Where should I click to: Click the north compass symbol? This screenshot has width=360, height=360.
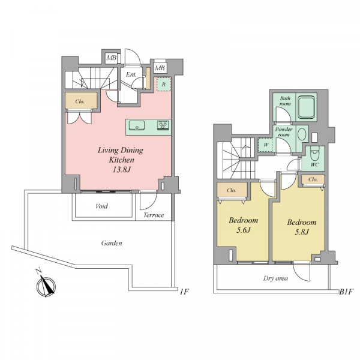click(46, 284)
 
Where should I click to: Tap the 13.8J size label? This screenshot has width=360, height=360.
click(121, 170)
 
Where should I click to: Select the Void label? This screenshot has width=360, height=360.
click(102, 206)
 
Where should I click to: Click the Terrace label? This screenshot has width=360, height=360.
click(154, 215)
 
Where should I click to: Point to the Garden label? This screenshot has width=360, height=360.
click(112, 243)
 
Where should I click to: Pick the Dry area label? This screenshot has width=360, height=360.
click(275, 278)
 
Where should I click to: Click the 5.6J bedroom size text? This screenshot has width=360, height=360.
click(243, 230)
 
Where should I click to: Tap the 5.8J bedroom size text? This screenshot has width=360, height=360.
click(301, 232)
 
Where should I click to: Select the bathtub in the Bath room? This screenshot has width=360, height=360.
click(306, 107)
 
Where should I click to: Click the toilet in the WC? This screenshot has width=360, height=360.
click(314, 154)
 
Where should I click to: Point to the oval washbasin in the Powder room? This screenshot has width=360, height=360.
click(302, 134)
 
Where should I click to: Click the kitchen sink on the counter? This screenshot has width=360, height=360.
click(137, 125)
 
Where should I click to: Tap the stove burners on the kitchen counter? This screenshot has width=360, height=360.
click(163, 125)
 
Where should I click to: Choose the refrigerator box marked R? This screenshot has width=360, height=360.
click(163, 84)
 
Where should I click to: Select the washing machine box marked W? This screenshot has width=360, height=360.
click(265, 145)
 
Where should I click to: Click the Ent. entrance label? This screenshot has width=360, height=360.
click(131, 74)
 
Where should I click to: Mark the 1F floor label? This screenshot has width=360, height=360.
click(184, 292)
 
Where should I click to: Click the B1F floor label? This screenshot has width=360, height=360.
click(346, 292)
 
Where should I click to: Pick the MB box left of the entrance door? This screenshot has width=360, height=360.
click(112, 58)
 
